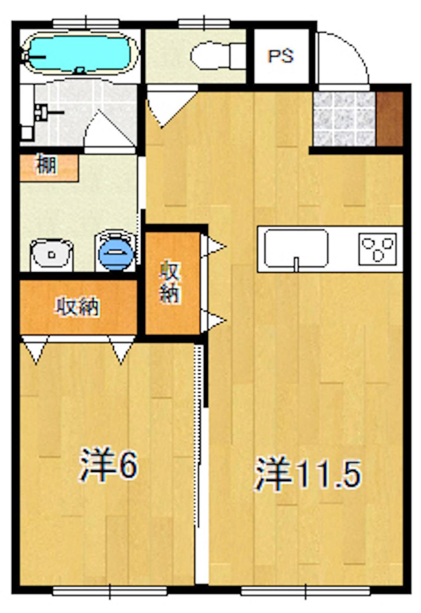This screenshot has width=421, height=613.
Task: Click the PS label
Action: click(x=281, y=56)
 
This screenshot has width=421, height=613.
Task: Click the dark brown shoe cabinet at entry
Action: click(x=389, y=118)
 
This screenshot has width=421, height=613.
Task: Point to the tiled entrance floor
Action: click(x=344, y=118)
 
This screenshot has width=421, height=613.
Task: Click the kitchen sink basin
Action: click(x=296, y=248)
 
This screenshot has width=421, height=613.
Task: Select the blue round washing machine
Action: click(x=116, y=254)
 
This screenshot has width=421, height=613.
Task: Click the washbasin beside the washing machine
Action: click(x=52, y=255)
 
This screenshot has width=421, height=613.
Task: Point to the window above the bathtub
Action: click(x=86, y=23)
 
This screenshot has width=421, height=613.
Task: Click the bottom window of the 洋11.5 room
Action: click(x=305, y=590)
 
